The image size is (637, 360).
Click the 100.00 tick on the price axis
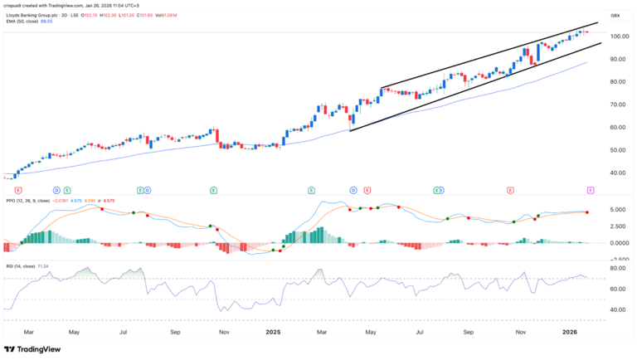616,36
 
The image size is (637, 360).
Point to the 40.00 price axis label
616,173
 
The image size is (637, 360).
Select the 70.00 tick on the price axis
616,105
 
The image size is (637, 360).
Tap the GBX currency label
615,16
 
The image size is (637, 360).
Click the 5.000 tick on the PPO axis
616,210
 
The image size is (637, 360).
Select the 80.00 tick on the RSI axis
616,269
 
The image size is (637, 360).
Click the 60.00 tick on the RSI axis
616,289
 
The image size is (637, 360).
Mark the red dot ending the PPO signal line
588,212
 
